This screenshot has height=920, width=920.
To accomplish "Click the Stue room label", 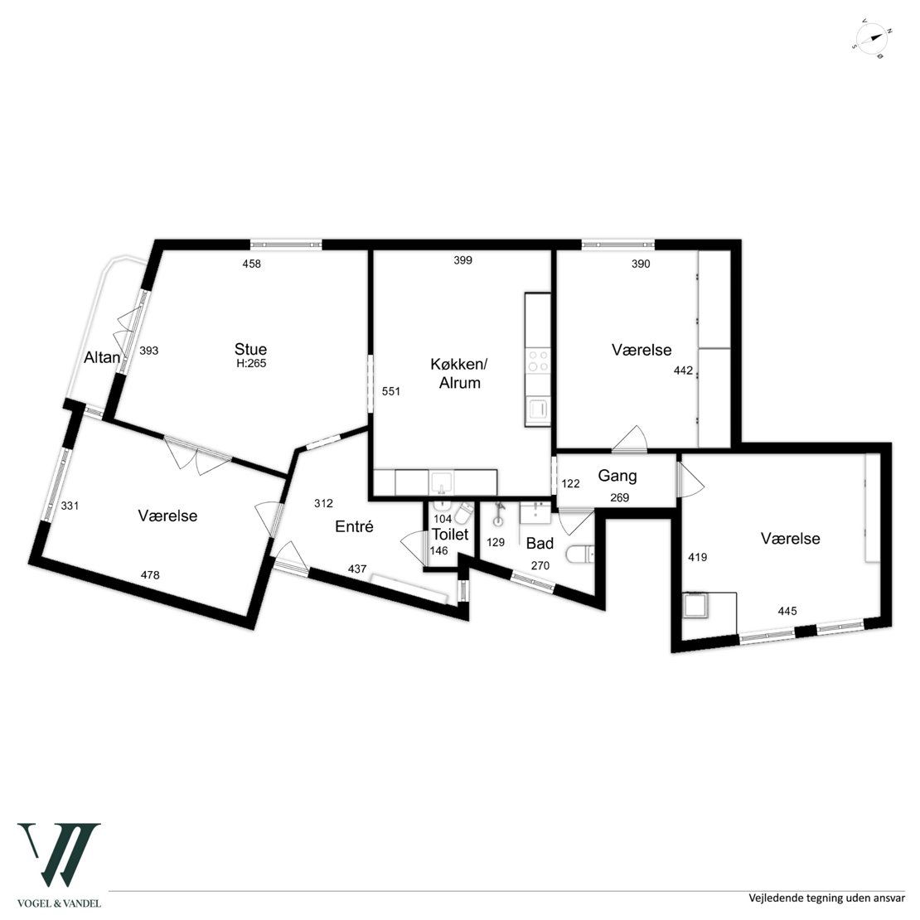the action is click(x=250, y=349).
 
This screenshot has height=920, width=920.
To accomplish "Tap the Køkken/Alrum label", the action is click(x=459, y=373).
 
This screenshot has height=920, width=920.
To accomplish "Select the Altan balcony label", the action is click(x=102, y=357).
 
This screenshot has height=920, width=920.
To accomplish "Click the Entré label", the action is click(x=355, y=526).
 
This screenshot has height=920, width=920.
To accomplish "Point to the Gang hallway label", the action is click(x=617, y=476).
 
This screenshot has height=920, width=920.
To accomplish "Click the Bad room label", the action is click(x=540, y=544).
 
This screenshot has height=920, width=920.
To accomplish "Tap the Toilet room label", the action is click(x=450, y=535).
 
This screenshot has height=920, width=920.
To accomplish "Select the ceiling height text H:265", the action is click(x=251, y=364).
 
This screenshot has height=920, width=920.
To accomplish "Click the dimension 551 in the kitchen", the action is click(x=390, y=391).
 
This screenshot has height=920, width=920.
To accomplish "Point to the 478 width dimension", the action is click(x=150, y=575).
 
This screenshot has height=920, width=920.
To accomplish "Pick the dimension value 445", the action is click(x=787, y=612).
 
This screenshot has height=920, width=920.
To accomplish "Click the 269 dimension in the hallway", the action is click(x=620, y=498).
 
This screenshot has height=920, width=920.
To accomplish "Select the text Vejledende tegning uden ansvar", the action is click(x=826, y=898).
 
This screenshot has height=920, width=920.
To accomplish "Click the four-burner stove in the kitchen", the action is click(x=538, y=361).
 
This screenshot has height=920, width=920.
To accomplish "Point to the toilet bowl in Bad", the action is click(x=580, y=554).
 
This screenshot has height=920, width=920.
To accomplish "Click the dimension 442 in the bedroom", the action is click(x=684, y=370).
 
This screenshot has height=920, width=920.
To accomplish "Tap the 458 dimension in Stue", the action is click(x=252, y=264).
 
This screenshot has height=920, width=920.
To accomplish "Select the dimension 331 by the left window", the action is click(x=70, y=506).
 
